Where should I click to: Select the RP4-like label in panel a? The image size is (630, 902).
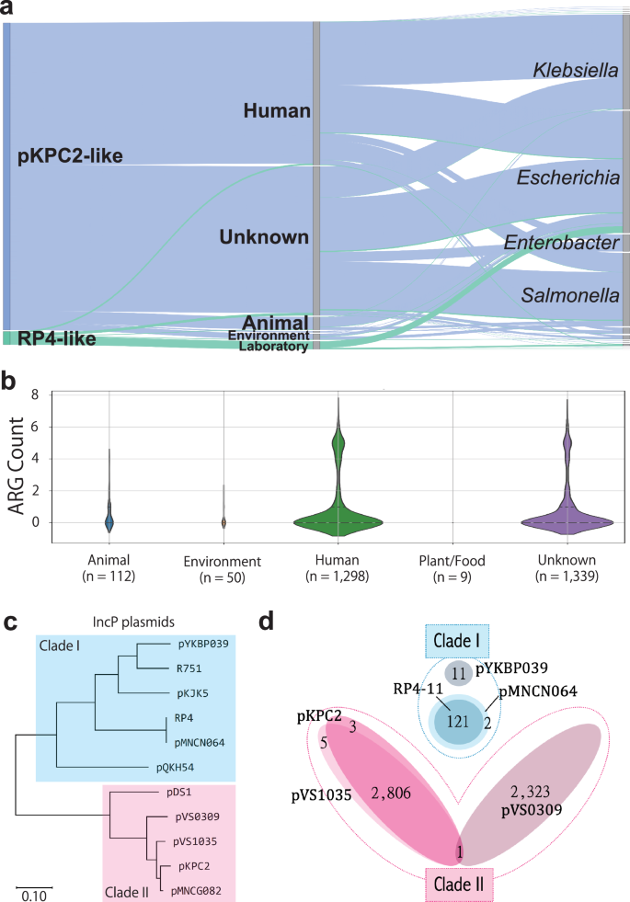[56, 339]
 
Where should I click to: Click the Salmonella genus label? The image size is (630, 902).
[569, 295]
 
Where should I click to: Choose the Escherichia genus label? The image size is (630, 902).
[567, 177]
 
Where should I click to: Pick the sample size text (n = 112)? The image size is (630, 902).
[109, 577]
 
